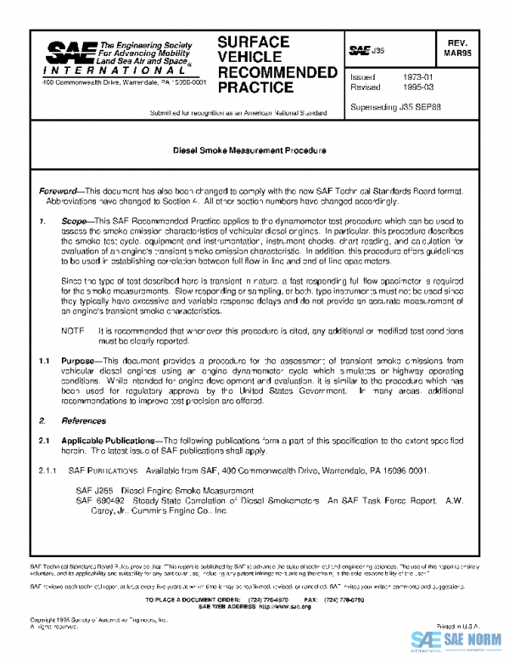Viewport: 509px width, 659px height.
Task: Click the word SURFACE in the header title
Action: tap(254, 42)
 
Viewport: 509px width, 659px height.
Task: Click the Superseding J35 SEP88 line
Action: tap(394, 108)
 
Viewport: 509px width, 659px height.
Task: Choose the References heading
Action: tap(83, 421)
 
